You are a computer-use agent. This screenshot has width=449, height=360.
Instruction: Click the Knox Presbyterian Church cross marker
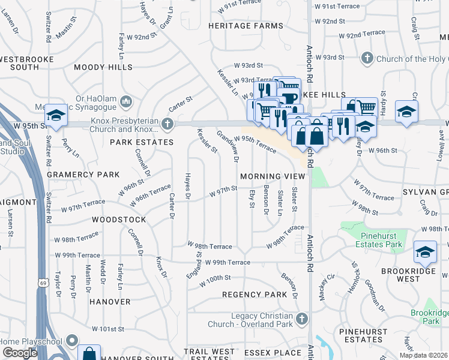[x=167, y=124]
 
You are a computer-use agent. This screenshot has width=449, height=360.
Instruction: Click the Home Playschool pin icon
[x=72, y=341]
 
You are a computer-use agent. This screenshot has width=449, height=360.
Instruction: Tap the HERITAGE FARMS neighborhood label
[x=246, y=26]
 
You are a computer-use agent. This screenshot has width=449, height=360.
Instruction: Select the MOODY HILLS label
[x=103, y=68]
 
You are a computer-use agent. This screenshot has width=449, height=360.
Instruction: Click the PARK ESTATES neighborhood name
[x=141, y=142]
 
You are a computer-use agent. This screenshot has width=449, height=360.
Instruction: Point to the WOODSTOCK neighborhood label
[x=118, y=220]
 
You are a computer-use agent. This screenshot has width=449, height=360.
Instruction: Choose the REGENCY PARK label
[x=255, y=295]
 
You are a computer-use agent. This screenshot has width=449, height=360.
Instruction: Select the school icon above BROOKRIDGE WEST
[x=425, y=252]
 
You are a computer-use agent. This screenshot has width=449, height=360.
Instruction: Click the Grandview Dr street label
[x=228, y=147]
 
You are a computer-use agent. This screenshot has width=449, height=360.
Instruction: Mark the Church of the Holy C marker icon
[x=367, y=58]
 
